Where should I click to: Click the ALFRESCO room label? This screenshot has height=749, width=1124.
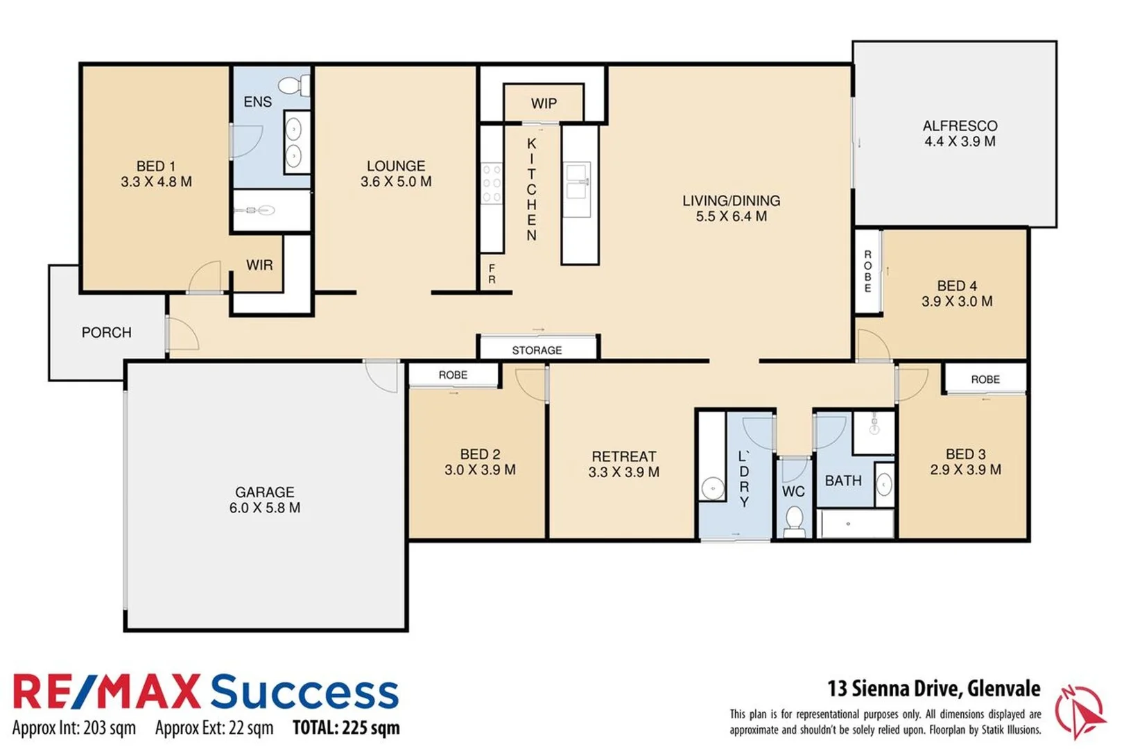point(960,126)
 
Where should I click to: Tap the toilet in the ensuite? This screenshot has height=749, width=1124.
point(295,85)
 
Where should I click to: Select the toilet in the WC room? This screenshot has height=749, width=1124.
point(794,520)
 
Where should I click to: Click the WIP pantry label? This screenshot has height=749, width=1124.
point(544,103)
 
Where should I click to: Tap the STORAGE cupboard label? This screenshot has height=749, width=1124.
point(537,350)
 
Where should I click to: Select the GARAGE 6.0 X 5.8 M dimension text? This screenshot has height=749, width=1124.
point(265,508)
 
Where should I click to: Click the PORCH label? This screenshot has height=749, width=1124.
point(106,332)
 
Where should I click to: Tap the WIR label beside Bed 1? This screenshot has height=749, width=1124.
point(259,265)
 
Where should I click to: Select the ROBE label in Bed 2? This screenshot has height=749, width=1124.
point(453,375)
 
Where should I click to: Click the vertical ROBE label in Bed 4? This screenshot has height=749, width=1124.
point(867,271)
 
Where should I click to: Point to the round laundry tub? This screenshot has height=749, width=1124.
point(712,488)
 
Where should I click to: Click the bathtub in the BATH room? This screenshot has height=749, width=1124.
point(856,524)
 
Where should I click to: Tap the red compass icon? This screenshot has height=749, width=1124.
point(1079,711)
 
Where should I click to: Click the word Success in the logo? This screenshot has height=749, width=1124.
point(304,691)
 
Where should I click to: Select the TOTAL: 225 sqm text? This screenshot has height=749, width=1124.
point(346,728)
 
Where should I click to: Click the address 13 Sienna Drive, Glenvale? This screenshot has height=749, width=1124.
point(933,688)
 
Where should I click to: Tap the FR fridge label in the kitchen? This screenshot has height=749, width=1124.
point(492,274)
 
